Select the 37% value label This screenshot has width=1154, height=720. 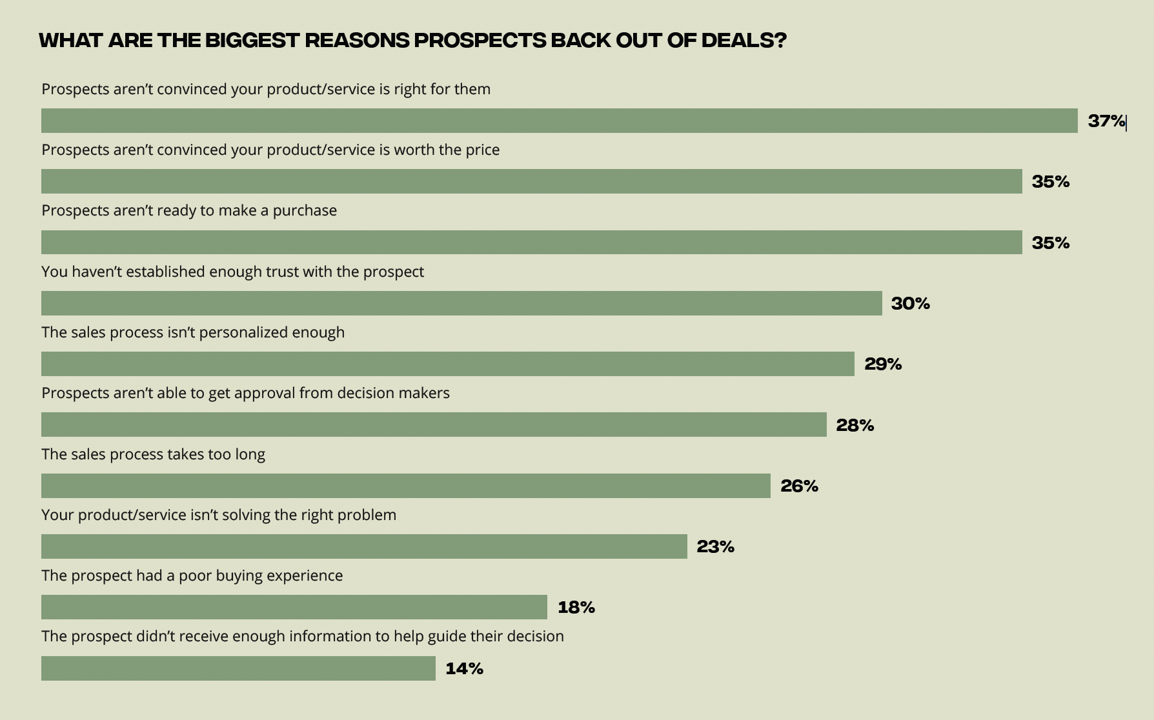click(1106, 121)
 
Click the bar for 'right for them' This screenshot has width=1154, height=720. click(559, 121)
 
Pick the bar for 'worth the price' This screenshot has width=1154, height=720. click(531, 181)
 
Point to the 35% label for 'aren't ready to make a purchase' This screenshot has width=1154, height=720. click(1050, 243)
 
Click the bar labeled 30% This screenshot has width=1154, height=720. click(461, 303)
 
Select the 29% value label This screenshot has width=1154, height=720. click(883, 364)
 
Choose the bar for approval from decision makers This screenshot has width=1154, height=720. click(434, 425)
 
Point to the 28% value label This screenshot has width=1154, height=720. click(855, 425)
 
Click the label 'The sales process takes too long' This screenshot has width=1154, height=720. click(153, 454)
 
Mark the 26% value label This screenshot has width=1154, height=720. click(799, 486)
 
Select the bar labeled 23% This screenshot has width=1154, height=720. click(364, 546)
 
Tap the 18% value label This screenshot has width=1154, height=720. click(576, 607)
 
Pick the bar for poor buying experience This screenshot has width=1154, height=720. click(294, 607)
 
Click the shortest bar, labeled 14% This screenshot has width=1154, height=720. click(238, 668)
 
